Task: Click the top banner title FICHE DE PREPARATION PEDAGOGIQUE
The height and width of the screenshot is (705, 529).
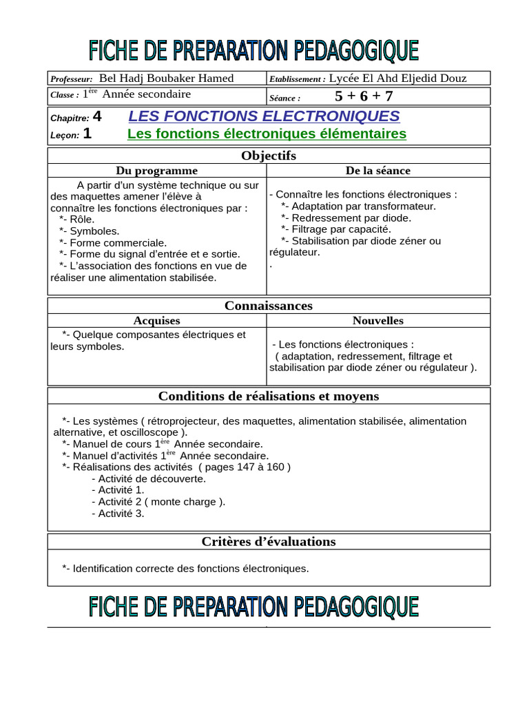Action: [253, 50]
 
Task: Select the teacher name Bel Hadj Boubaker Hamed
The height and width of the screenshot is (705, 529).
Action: [167, 78]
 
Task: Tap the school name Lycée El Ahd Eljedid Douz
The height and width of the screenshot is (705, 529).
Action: [397, 78]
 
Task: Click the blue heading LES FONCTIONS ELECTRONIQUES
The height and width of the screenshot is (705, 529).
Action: [264, 116]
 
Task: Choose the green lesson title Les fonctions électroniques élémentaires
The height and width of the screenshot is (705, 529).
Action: [267, 134]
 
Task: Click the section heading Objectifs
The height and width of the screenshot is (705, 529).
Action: [269, 156]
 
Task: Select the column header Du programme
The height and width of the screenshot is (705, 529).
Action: [156, 171]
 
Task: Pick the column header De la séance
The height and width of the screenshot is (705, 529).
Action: [377, 171]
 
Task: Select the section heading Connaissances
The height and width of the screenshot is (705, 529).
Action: [269, 306]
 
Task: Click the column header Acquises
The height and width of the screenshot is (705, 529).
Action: [156, 321]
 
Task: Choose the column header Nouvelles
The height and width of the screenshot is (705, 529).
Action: [378, 321]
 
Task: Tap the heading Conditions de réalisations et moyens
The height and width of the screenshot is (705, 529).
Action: [269, 396]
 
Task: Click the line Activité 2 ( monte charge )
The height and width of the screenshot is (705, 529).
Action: [162, 501]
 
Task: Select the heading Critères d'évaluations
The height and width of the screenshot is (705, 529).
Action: [269, 542]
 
